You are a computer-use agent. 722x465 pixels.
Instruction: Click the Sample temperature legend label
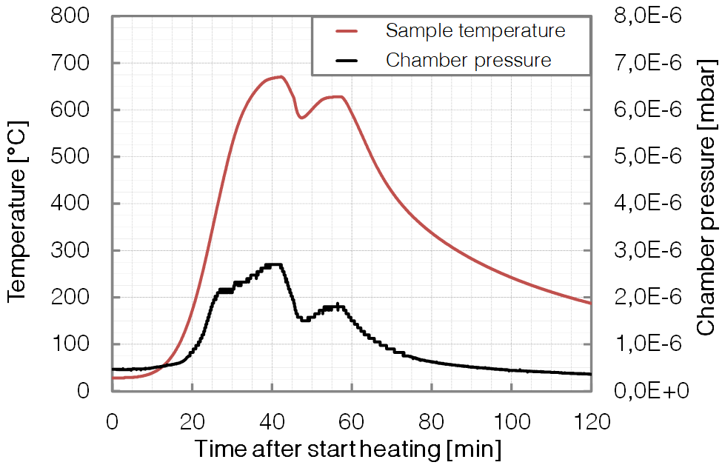[x=475, y=31]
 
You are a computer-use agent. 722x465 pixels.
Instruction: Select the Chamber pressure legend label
[x=469, y=60]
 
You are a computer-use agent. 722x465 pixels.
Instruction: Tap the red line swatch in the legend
[x=347, y=31]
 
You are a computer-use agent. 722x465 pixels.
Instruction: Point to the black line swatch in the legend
[x=347, y=60]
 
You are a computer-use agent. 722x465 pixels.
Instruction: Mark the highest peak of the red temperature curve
[x=280, y=76]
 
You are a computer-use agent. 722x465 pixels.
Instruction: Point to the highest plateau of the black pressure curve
[x=274, y=264]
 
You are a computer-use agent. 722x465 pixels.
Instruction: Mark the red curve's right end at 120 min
[x=590, y=303]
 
